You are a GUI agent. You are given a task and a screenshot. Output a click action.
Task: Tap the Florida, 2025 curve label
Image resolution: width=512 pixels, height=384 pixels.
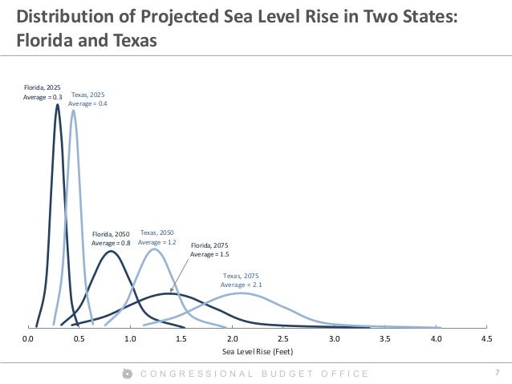tap(41, 93)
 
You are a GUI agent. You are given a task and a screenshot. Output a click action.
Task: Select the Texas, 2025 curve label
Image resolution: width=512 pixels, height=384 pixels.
tap(87, 99)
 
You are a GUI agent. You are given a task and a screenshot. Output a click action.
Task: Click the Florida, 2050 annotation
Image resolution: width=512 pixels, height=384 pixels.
tap(111, 238)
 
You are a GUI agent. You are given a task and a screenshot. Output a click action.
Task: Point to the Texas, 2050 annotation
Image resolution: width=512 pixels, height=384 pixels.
tap(157, 236)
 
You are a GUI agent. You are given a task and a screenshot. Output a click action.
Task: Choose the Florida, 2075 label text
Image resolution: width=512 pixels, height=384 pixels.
tap(209, 249)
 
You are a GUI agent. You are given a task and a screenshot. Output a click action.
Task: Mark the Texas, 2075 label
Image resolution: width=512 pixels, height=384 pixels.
tap(241, 280)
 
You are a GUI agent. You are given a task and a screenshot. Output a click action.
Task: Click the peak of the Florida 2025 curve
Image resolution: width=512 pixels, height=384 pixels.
tap(57, 104)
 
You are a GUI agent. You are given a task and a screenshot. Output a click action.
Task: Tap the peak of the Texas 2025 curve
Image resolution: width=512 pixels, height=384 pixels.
tap(74, 111)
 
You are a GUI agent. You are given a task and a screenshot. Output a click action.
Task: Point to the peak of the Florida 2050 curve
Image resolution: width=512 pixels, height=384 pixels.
tap(112, 252)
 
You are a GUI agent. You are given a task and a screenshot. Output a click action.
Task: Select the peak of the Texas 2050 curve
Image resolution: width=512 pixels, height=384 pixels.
tap(154, 249)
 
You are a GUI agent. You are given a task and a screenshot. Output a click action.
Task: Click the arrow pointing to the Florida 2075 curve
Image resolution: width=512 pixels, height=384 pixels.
tap(181, 275)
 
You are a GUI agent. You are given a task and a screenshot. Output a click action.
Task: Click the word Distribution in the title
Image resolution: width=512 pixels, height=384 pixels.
tap(64, 16)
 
